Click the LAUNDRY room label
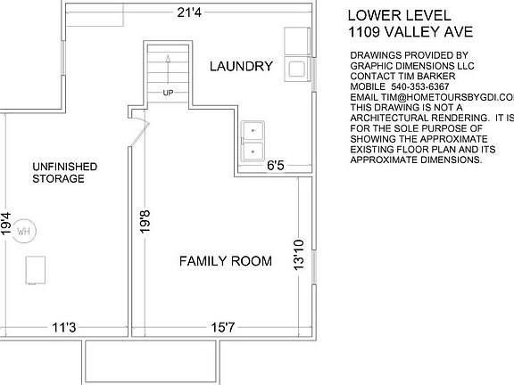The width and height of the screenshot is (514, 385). point(241,66)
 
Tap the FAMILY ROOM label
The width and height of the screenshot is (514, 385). point(226,261)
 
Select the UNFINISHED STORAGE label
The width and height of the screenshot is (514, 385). point(65,173)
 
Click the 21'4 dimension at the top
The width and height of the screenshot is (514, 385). point(189,12)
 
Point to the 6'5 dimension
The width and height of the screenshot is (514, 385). point(276,166)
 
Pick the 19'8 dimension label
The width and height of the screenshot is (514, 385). point(145,222)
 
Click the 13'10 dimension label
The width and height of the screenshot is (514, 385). point(299,255)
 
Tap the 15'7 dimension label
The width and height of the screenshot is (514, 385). point(223,327)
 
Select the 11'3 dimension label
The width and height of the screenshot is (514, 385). point(64,327)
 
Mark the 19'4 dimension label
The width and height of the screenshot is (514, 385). point(5,224)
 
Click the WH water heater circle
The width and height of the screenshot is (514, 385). point(23,231)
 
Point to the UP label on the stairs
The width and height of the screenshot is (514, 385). point(168,93)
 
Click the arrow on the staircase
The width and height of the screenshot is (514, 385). point(168,70)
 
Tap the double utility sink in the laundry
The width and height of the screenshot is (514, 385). point(253,141)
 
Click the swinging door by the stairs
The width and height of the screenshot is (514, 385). point(139,129)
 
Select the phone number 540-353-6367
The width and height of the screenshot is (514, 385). point(420,86)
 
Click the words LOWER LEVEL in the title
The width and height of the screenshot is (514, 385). point(399,15)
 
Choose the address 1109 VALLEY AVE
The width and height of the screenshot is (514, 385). point(410,32)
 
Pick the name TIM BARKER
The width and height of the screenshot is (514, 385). point(427,77)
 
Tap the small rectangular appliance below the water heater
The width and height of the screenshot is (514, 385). point(36,270)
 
